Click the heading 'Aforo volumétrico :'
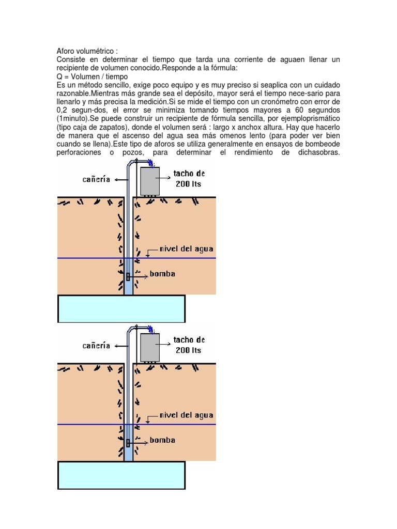pyautogui.click(x=87, y=52)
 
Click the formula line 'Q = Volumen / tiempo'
pyautogui.click(x=92, y=76)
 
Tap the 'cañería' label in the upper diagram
pyautogui.click(x=96, y=179)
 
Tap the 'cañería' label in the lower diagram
pyautogui.click(x=96, y=346)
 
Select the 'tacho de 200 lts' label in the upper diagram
pyautogui.click(x=189, y=179)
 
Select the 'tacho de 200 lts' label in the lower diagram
pyautogui.click(x=189, y=345)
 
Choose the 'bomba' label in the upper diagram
pyautogui.click(x=162, y=273)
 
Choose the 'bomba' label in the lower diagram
pyautogui.click(x=162, y=440)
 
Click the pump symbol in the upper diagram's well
pyautogui.click(x=128, y=276)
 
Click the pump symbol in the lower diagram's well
pyautogui.click(x=128, y=443)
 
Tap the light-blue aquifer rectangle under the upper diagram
pyautogui.click(x=121, y=308)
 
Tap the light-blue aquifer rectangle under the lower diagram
pyautogui.click(x=121, y=475)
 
